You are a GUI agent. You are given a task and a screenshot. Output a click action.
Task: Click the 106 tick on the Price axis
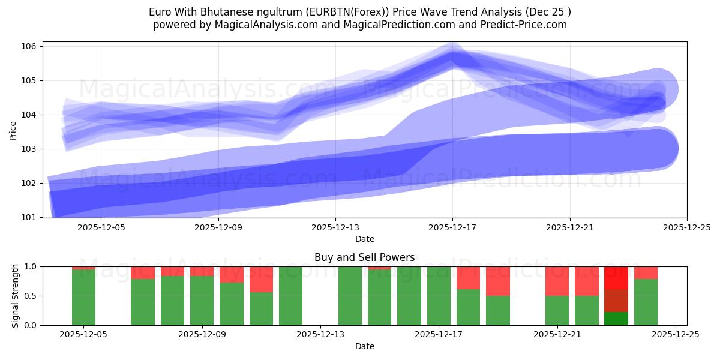31,46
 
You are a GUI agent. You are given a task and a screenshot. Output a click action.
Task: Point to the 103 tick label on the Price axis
31,149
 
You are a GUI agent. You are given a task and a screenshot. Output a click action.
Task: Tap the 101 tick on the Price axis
31,217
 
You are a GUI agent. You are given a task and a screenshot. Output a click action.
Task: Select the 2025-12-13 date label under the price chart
335,227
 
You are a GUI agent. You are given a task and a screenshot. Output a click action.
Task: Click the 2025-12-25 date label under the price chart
686,227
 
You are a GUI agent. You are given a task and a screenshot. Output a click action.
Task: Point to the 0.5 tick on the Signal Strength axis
31,296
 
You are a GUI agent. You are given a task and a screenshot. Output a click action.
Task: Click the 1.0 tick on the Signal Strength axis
31,266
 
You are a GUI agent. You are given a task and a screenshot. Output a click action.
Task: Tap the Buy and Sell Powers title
364,257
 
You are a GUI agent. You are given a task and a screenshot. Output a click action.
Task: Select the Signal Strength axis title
16,296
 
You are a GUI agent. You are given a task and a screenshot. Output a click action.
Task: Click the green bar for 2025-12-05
83,297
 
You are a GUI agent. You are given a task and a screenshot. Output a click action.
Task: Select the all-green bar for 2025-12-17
439,296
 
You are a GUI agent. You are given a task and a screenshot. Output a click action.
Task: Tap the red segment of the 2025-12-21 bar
557,281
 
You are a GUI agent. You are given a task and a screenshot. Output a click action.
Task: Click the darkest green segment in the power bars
616,319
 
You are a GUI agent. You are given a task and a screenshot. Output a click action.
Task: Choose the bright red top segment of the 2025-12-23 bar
616,278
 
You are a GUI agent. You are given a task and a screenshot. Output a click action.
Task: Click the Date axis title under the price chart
364,239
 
